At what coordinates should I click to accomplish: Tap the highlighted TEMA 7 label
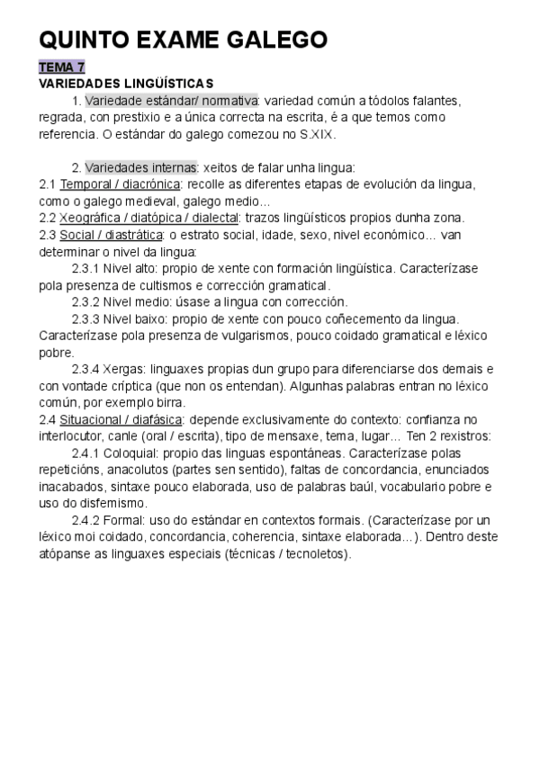(x=61, y=67)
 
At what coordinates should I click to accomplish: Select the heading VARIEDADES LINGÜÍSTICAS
(x=126, y=83)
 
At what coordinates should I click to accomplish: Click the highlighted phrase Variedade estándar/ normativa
(x=172, y=100)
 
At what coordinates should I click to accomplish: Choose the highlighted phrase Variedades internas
(x=141, y=167)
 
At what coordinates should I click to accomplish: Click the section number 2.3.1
(x=86, y=268)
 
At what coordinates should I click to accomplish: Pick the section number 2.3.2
(x=86, y=301)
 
